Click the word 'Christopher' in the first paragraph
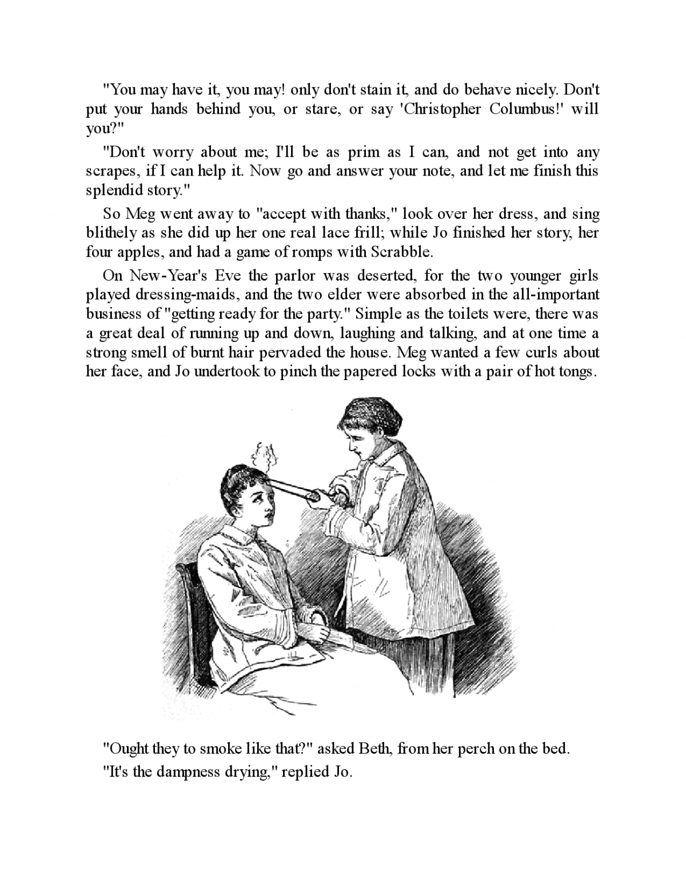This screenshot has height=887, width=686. pos(441,109)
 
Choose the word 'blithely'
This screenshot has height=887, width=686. pos(110,233)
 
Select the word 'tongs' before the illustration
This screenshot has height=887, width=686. pos(575,371)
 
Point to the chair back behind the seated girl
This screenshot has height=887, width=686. pos(192,600)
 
